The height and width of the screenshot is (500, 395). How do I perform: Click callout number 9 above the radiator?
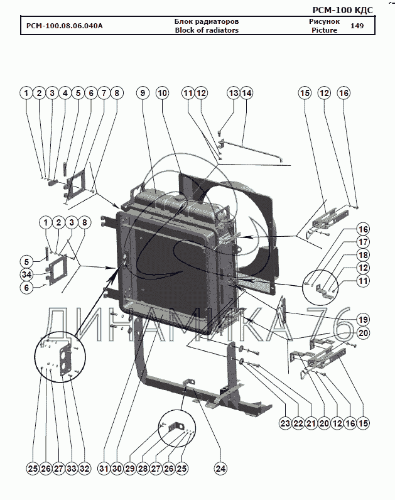coord(143,93)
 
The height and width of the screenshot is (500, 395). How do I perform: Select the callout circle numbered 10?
coord(162,93)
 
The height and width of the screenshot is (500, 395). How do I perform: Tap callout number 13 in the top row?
coord(234,93)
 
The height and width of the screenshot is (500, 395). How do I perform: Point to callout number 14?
coord(246,93)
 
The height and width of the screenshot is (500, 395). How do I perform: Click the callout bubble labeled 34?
coord(26,274)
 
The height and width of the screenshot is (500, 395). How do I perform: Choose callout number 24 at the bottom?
coord(220,469)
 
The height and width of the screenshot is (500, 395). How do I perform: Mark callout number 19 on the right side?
coord(363,320)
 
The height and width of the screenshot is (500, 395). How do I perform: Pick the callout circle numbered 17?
coord(363,242)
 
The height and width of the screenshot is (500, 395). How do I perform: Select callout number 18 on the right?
coord(363,255)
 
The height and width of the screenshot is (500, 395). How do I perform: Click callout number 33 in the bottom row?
coord(72,469)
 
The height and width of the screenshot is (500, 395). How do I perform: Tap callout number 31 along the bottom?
coord(104,469)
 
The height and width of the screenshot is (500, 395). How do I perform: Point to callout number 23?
coord(285,423)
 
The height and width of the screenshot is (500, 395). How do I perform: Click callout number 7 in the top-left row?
coord(104,93)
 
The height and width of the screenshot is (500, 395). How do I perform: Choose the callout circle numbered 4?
coord(65,93)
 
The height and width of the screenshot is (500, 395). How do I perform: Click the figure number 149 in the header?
coord(357,26)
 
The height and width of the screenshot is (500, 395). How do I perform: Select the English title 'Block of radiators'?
coord(207,30)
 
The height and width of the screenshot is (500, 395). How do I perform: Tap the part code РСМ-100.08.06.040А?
coord(65,26)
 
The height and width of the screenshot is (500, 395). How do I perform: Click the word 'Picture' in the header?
coord(324,30)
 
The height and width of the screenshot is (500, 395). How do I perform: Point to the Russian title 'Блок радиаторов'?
coord(207,22)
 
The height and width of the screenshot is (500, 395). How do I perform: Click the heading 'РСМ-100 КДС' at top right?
coord(342,10)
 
